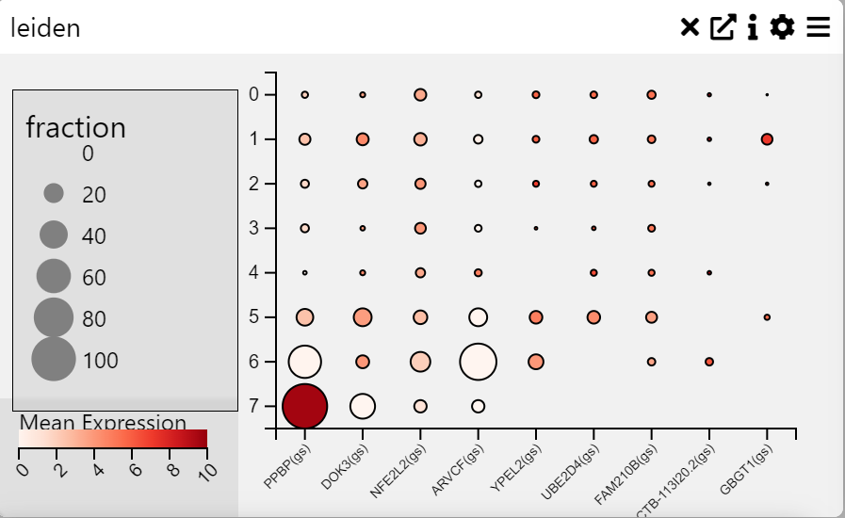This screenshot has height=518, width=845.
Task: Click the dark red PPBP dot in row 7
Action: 304,406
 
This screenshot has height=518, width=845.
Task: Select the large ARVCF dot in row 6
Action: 478,362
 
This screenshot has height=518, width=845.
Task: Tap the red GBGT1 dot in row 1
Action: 767,139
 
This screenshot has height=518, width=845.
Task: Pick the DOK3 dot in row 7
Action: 363,406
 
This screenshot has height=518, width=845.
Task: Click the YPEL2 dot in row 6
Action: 536,362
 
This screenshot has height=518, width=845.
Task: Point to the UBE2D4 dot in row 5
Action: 593,317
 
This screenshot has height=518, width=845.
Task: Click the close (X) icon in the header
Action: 691,28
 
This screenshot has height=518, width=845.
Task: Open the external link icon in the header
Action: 722,28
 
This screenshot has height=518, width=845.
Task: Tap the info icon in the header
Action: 753,28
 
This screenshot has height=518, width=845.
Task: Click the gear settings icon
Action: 783,28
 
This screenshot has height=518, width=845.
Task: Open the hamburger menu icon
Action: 818,28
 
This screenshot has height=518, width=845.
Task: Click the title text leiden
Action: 45,28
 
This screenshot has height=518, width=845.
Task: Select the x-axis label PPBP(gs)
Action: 285,467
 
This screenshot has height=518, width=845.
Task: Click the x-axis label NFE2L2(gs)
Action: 400,469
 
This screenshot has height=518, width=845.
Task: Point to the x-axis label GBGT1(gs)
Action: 747,468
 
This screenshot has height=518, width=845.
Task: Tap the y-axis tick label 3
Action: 253,228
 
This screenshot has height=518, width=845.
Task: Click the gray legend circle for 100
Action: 54,359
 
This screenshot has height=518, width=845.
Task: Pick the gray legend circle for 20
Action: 54,194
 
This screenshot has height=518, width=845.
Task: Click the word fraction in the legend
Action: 75,127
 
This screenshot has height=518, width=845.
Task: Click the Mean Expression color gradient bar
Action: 113,438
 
